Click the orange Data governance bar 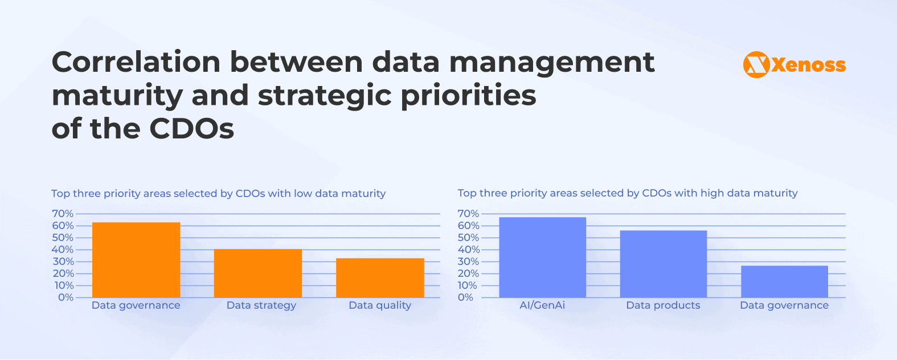coord(136,260)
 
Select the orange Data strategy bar coord(258,273)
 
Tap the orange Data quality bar coord(380,278)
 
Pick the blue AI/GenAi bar coord(542,257)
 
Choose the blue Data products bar coord(663,264)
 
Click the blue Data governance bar coord(784,281)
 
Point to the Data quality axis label coord(380,305)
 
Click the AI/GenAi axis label coord(542,305)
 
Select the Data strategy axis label coord(261,305)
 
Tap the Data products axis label coord(663,305)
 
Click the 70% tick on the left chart coord(63,214)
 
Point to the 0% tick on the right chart coord(465,297)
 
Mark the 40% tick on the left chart coord(63,249)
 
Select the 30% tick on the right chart coord(468,261)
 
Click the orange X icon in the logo coord(756,65)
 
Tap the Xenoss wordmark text coord(809,66)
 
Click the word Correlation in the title coord(136,62)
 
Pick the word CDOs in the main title coord(191,129)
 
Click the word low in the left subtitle coord(302,194)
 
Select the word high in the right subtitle coord(712,193)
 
